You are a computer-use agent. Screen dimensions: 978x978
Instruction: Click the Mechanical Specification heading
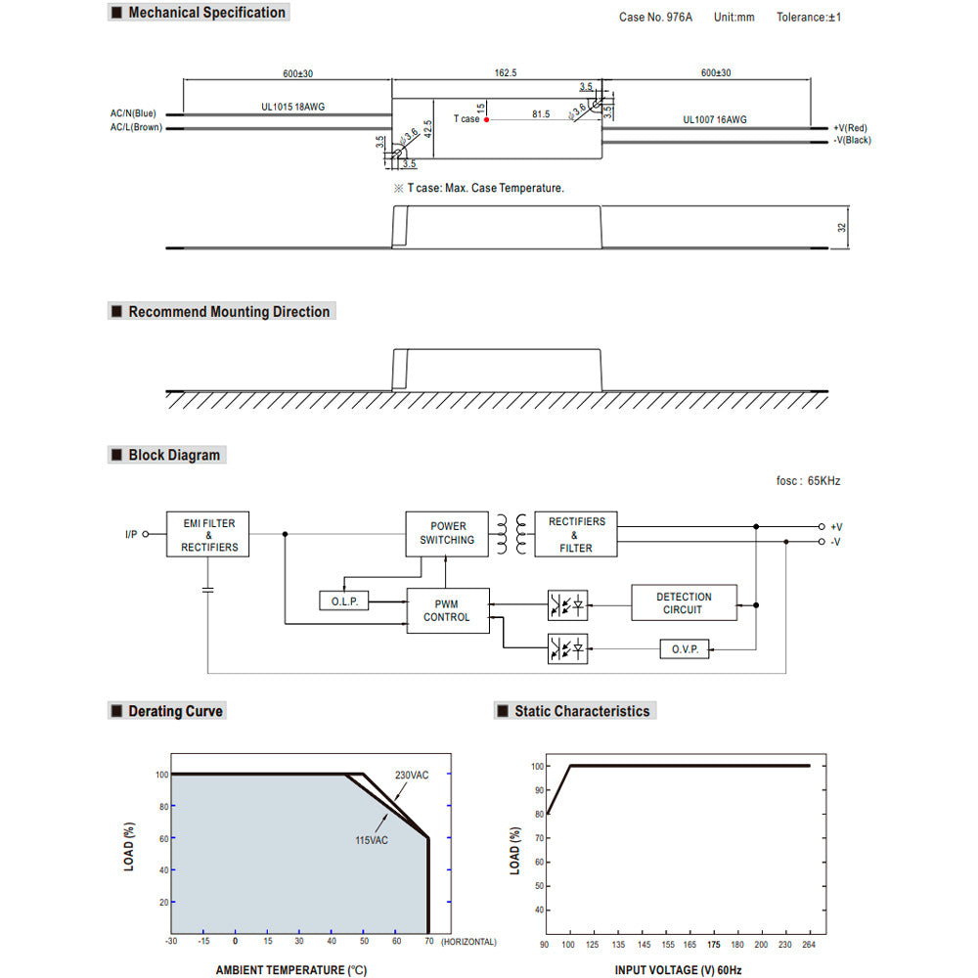[x=206, y=13]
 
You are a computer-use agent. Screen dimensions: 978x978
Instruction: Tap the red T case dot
[x=486, y=118]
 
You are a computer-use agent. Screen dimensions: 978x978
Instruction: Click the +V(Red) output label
[x=852, y=127]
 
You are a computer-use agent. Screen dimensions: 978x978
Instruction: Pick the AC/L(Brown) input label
[x=136, y=127]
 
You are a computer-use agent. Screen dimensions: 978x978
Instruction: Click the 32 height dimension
[x=841, y=227]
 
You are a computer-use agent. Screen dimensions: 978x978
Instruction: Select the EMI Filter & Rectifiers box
[x=208, y=535]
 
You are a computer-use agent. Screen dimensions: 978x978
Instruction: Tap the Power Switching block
[x=447, y=533]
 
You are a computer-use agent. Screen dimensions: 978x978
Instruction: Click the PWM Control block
[x=447, y=611]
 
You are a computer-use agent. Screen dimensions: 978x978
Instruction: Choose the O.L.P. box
[x=344, y=601]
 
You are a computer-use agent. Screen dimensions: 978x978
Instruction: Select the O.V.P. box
[x=685, y=649]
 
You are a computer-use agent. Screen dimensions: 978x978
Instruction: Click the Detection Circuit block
[x=684, y=603]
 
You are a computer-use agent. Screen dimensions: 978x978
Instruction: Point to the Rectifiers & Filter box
[x=576, y=535]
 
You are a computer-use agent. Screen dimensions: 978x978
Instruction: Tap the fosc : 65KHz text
[x=807, y=481]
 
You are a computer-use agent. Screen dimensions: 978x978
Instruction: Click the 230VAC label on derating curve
[x=412, y=776]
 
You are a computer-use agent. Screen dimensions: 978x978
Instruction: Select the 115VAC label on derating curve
[x=372, y=839]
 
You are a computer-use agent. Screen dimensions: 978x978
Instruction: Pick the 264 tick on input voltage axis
[x=809, y=944]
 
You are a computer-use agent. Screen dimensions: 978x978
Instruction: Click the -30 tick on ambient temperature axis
[x=172, y=941]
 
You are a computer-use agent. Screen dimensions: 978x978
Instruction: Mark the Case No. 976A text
[x=655, y=18]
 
